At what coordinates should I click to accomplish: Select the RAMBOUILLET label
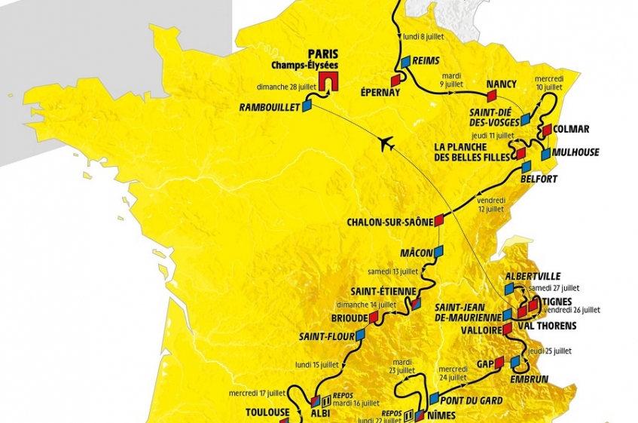(x=270, y=108)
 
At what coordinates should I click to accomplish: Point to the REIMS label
(x=426, y=62)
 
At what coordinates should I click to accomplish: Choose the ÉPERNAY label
(x=380, y=93)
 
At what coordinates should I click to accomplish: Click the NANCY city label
(x=502, y=84)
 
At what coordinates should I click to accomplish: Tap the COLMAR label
(x=572, y=129)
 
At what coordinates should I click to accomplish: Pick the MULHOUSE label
(x=575, y=152)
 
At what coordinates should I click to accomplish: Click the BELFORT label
(x=539, y=179)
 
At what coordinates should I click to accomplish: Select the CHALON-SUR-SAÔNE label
(x=390, y=222)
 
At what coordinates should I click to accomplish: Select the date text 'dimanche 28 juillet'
(x=282, y=87)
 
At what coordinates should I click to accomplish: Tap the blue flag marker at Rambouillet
(x=307, y=107)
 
